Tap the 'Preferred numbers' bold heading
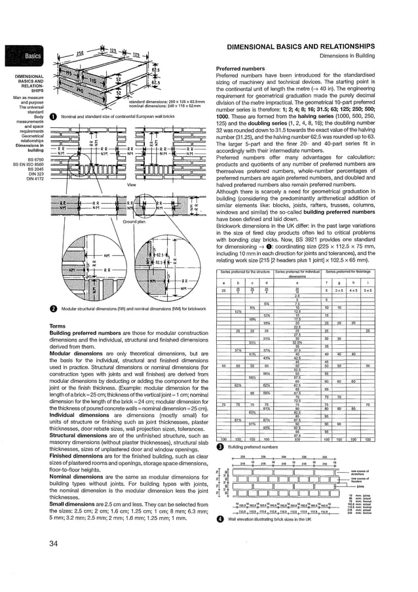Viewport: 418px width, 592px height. coord(240,69)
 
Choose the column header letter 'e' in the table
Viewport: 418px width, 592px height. coord(296,283)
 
